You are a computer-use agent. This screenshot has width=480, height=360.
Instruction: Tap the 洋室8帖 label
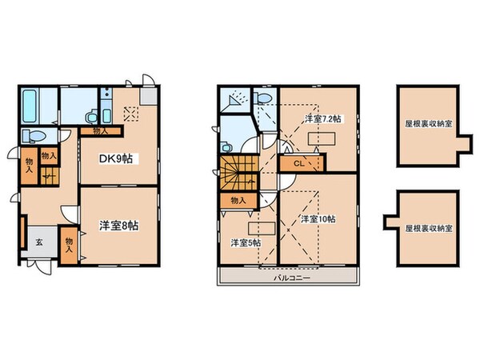point(119,226)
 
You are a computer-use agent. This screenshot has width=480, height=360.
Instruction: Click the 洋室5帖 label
point(246,242)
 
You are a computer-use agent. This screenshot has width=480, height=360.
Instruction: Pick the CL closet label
point(298,164)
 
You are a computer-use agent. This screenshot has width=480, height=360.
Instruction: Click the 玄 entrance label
point(37,243)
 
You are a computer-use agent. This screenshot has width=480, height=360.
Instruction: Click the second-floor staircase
point(238,171)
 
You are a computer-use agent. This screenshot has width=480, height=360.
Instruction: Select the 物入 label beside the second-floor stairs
point(238,200)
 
